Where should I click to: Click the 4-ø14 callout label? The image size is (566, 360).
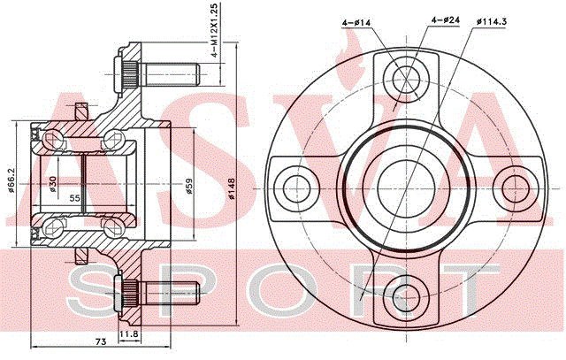[356, 22]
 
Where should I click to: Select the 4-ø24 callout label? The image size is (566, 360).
[446, 19]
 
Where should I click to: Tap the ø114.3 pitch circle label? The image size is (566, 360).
[492, 21]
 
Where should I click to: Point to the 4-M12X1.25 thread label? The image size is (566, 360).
[214, 31]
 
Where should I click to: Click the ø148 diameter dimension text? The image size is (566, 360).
[232, 189]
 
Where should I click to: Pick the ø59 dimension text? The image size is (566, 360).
[188, 187]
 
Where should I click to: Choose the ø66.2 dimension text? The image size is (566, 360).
[11, 180]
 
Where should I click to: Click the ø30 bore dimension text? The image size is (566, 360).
[53, 184]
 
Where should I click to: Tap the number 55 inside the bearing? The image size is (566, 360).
[74, 197]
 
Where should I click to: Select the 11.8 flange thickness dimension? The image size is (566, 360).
[129, 334]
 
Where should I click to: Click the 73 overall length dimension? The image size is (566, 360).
[101, 341]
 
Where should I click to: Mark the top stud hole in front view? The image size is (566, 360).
[406, 80]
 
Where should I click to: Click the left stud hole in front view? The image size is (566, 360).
[297, 188]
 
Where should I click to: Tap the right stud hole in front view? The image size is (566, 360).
[516, 188]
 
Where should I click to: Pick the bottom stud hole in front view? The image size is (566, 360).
[406, 297]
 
